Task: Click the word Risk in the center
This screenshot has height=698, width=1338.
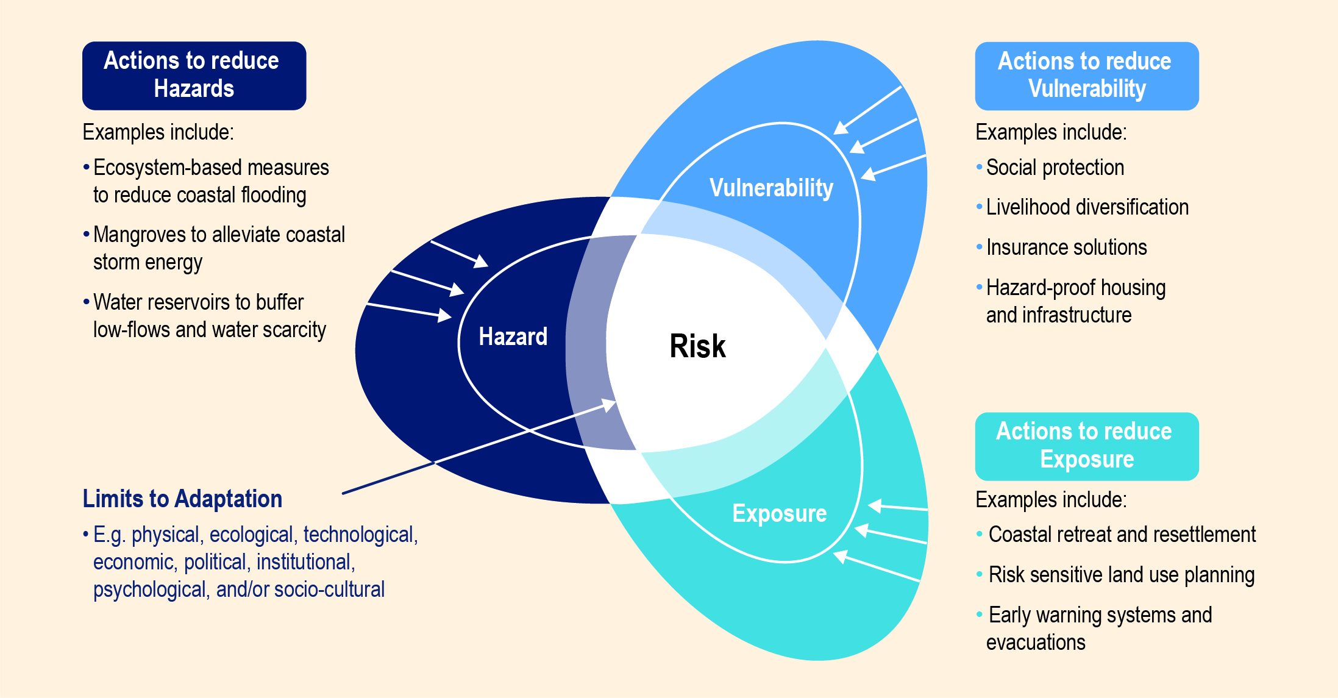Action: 697,346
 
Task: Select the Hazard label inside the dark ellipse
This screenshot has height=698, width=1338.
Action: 513,337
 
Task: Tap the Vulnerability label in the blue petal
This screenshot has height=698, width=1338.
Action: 771,188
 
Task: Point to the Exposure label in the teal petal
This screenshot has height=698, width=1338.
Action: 779,513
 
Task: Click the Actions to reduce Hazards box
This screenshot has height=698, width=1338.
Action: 194,76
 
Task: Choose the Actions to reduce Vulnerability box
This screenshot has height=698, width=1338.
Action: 1086,76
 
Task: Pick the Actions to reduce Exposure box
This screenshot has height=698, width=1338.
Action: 1086,446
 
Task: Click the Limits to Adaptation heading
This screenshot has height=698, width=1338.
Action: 182,499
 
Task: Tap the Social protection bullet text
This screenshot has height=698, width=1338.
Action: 1055,168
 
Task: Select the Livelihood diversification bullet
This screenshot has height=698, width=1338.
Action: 1087,207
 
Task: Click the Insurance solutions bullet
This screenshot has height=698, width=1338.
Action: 1066,248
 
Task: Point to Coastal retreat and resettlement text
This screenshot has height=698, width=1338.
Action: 1122,535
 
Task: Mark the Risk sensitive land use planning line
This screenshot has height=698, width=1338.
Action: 1121,575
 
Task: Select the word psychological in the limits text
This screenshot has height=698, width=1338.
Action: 149,589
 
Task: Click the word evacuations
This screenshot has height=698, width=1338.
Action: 1036,643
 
